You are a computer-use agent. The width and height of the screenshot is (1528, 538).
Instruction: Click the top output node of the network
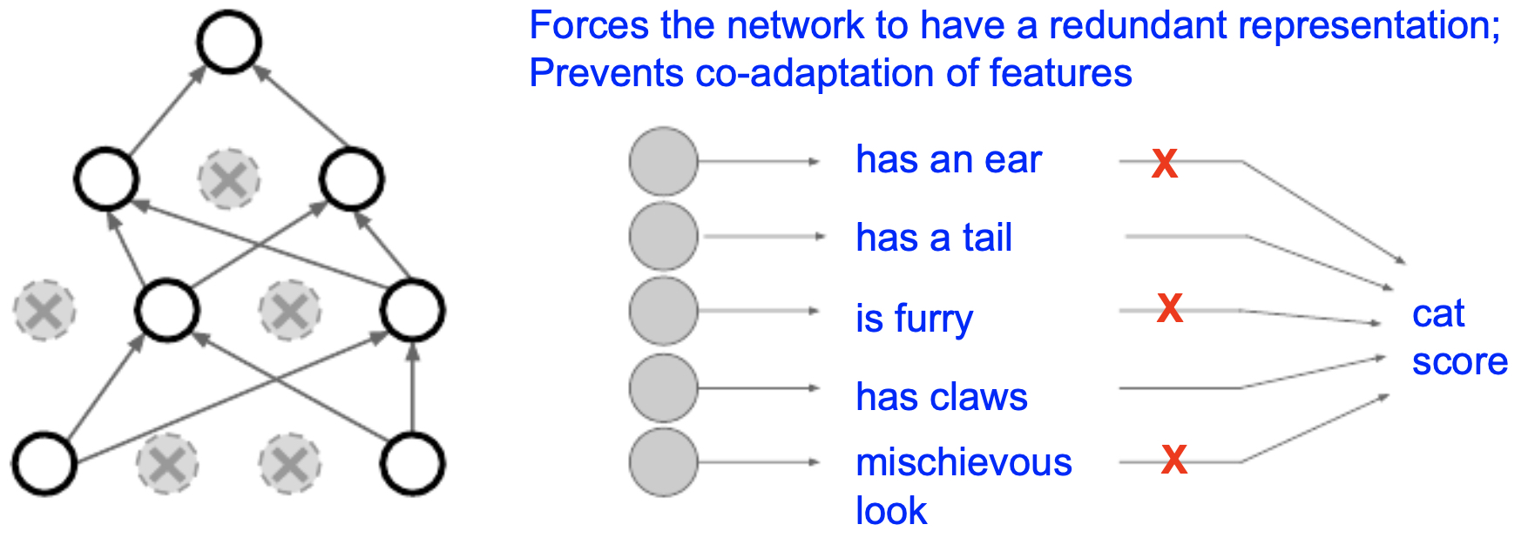click(229, 41)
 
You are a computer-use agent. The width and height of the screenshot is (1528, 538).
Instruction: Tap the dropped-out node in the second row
click(229, 179)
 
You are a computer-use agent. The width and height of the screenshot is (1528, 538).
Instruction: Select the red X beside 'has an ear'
click(1165, 164)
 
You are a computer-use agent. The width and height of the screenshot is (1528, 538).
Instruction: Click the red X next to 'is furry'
click(1170, 308)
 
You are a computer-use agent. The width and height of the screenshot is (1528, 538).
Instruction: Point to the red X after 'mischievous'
click(1174, 459)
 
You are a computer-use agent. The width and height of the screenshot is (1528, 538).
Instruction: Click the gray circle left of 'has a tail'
click(664, 236)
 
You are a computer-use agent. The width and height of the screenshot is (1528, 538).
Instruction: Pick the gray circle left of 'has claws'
click(664, 387)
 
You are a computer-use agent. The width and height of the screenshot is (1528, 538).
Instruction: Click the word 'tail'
click(987, 238)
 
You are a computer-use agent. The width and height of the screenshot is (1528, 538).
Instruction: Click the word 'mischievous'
click(963, 462)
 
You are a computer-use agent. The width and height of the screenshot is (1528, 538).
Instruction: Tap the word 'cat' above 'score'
click(1438, 313)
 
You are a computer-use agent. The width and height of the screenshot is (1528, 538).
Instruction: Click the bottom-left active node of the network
click(44, 463)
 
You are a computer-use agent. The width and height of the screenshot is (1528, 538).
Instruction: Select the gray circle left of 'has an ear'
click(664, 161)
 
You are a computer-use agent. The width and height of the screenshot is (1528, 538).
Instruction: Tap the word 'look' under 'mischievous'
click(891, 511)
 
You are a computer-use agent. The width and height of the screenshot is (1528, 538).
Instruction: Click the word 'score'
click(1460, 361)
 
